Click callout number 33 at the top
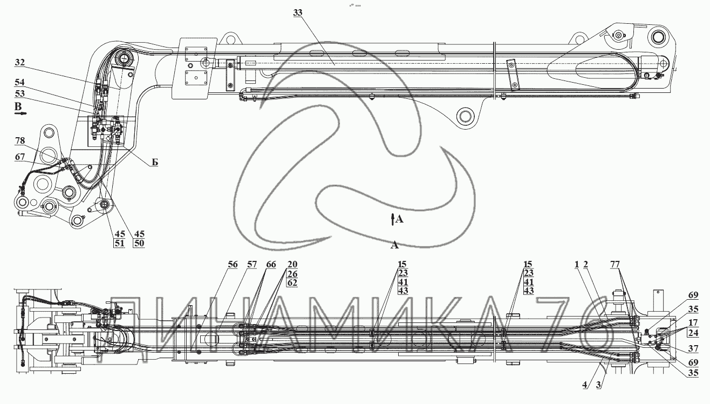tap(298, 13)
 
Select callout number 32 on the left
tap(19, 62)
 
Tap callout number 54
tap(19, 83)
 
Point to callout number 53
tap(19, 93)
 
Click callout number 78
tap(20, 140)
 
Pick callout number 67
tap(20, 157)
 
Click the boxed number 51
tap(119, 244)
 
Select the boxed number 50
tap(139, 244)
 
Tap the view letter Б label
tap(154, 163)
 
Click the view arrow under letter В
tap(21, 113)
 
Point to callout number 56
tap(233, 264)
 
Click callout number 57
tap(251, 264)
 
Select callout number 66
tap(271, 264)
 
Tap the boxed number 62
tap(292, 282)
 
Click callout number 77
tap(615, 264)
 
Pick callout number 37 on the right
tap(693, 349)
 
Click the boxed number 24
tap(693, 333)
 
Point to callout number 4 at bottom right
tap(584, 385)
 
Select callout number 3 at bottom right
tap(598, 385)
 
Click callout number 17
tap(693, 323)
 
